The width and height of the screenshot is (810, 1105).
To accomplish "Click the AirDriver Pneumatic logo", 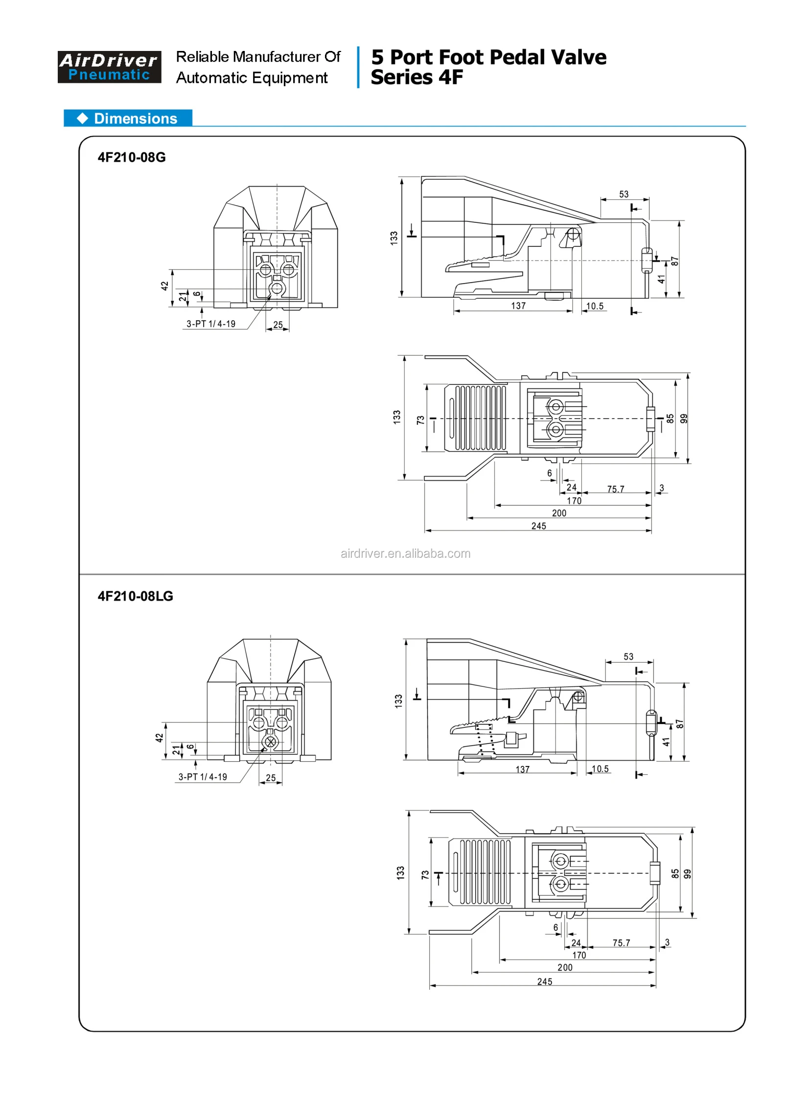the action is coord(109,67).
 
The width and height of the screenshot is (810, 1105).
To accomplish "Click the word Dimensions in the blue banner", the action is coord(136,119).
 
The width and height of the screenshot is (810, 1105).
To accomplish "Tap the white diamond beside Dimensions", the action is coord(82,118).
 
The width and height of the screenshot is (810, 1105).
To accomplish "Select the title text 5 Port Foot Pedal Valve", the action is coord(488,57).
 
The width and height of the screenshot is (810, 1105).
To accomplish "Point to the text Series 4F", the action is coord(417,77).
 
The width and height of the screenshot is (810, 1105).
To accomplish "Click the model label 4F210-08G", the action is coord(131,158).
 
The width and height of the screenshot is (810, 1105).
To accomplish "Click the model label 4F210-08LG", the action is coord(136,596).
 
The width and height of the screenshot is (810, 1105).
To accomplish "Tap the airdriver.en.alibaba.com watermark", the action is coord(406,553).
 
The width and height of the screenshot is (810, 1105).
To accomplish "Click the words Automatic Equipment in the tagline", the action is coord(252,78).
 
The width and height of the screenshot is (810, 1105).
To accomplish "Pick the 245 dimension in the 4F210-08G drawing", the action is coord(538,526).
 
